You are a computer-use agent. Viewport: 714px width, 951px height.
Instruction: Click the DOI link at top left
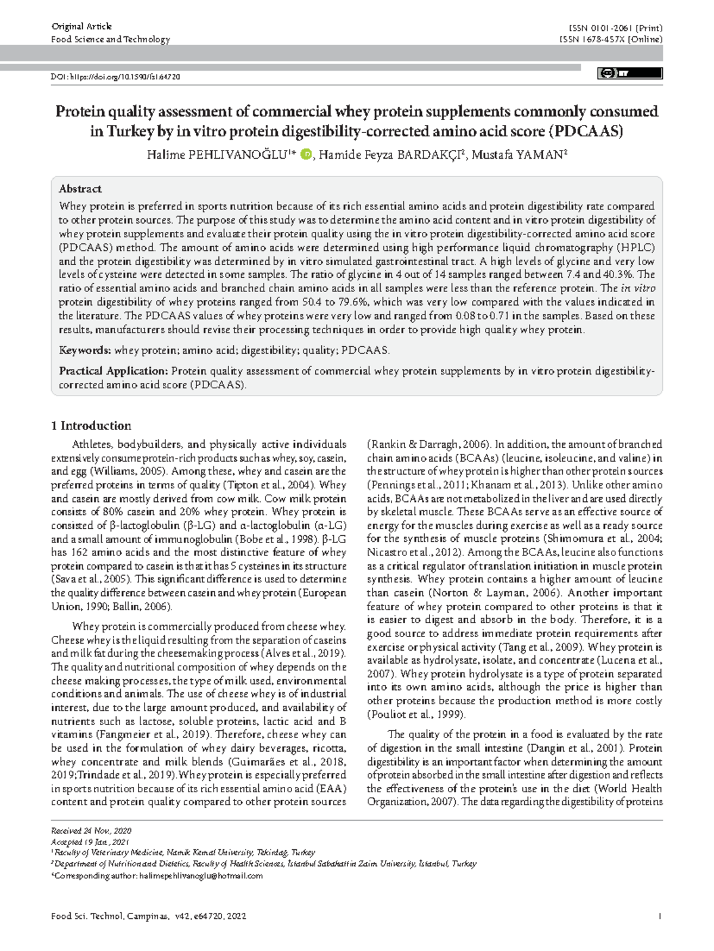pyautogui.click(x=116, y=77)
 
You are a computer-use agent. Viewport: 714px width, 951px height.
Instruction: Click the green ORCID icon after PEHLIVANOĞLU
pyautogui.click(x=306, y=155)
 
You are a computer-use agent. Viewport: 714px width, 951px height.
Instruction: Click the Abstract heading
pyautogui.click(x=80, y=189)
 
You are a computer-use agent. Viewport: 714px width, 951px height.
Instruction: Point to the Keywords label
pyautogui.click(x=84, y=351)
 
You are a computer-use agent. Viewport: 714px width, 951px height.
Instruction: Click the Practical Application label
pyautogui.click(x=114, y=371)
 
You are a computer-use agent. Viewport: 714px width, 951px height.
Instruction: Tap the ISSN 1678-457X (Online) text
pyautogui.click(x=611, y=39)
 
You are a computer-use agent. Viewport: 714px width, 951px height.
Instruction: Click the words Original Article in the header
pyautogui.click(x=82, y=26)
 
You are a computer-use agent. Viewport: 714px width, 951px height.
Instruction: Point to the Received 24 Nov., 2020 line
pyautogui.click(x=91, y=831)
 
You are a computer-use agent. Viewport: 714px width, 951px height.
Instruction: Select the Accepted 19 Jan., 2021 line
pyautogui.click(x=90, y=842)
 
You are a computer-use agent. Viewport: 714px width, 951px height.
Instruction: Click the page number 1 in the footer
pyautogui.click(x=660, y=917)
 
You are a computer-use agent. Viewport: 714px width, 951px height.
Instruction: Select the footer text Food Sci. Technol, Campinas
pyautogui.click(x=110, y=917)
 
